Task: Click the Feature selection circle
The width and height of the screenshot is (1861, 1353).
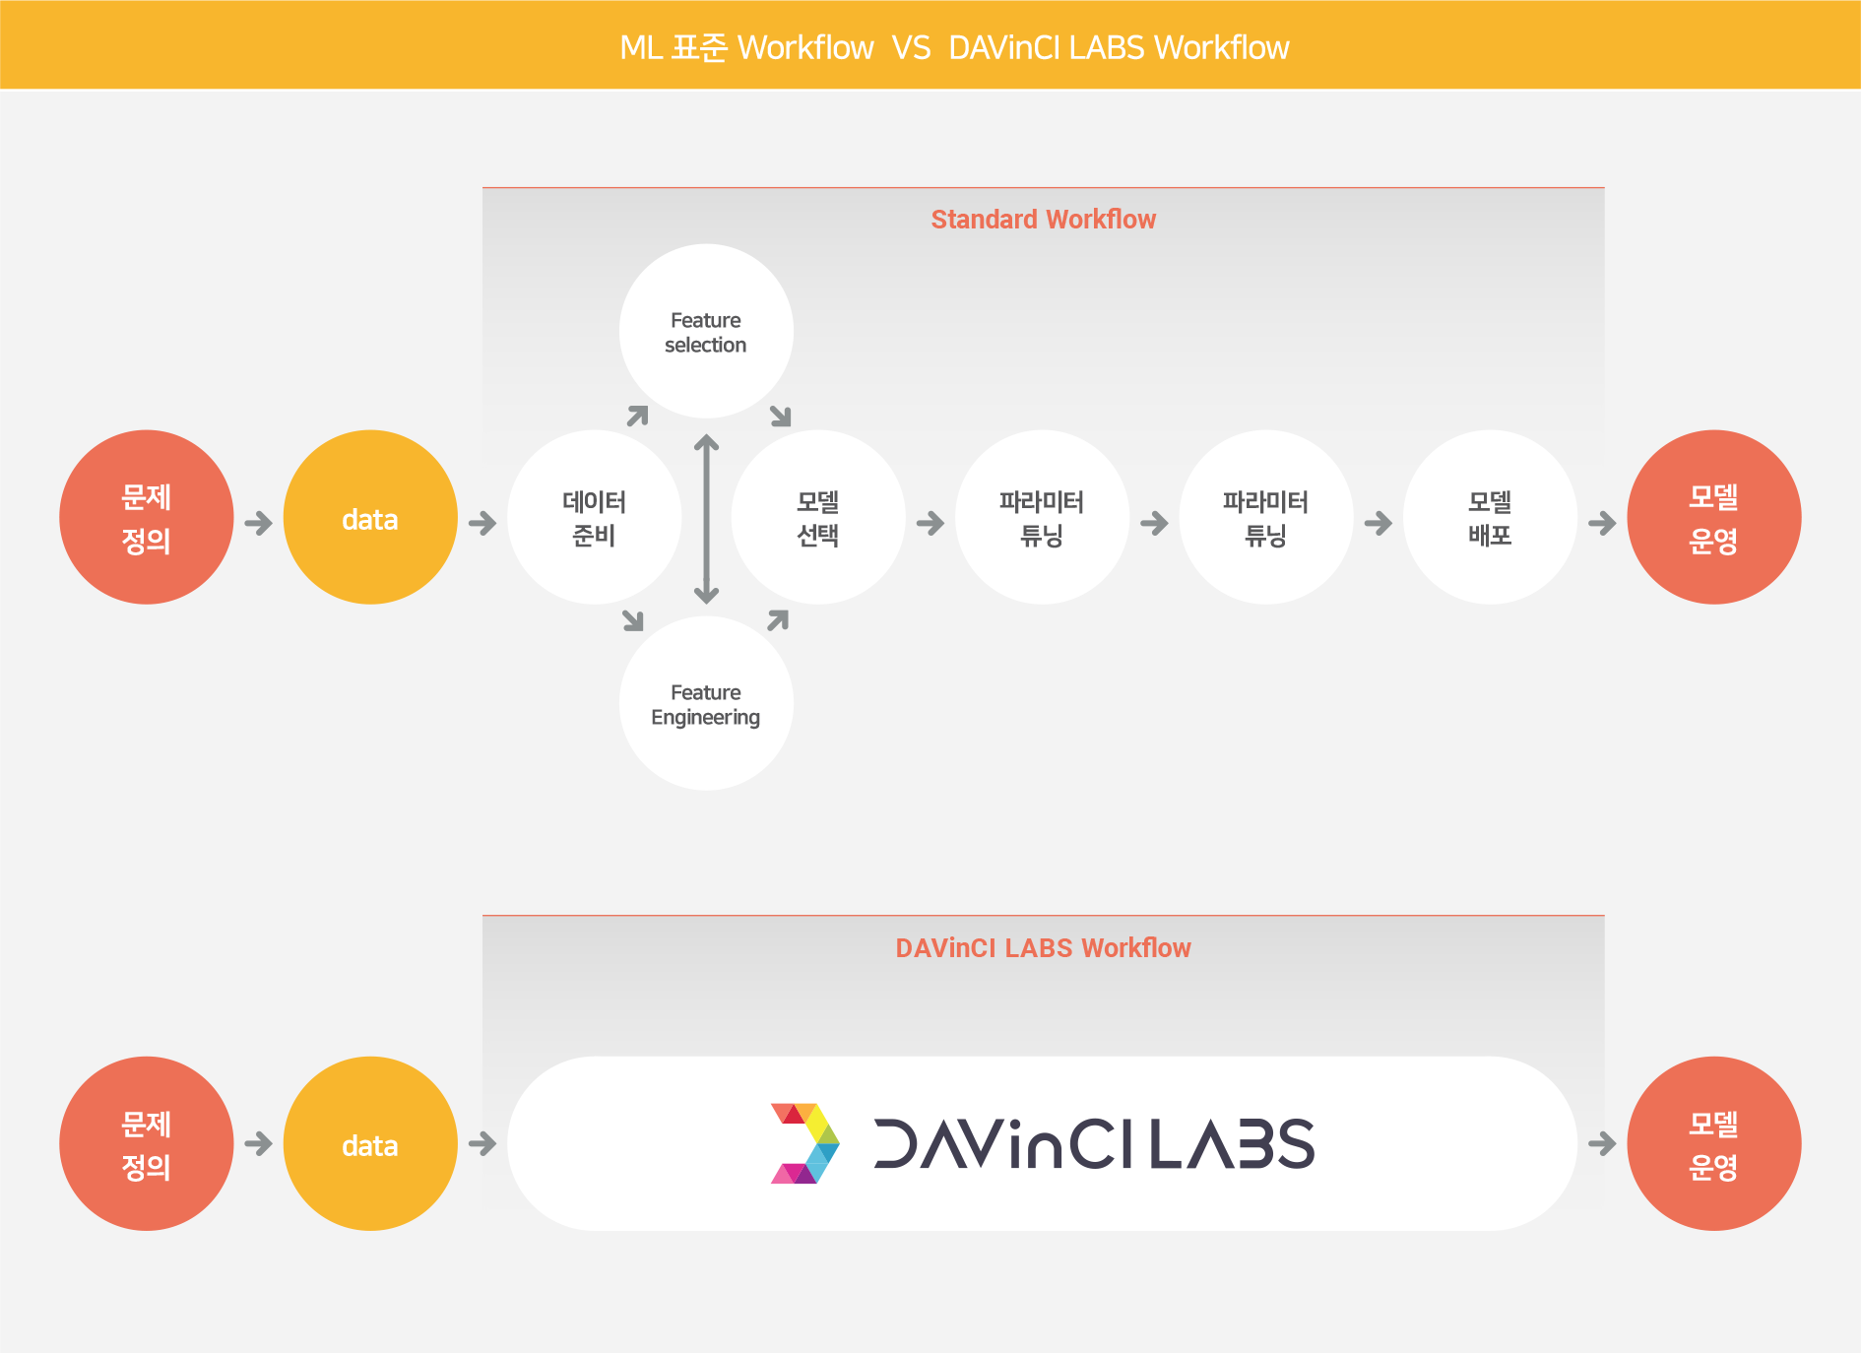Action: tap(706, 332)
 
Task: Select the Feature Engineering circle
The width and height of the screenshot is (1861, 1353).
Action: tap(706, 703)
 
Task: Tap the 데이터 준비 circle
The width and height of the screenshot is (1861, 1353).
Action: tap(594, 517)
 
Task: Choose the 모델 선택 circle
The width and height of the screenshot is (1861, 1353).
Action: tap(817, 517)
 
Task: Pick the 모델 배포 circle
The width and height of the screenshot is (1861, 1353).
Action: tap(1490, 517)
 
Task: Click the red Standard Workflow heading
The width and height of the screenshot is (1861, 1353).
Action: tap(1043, 219)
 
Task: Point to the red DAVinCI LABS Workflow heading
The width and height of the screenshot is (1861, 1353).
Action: tap(1043, 947)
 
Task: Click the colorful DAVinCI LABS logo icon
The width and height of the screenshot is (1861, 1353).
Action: tap(804, 1143)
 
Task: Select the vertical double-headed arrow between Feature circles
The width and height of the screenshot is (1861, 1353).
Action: tap(706, 518)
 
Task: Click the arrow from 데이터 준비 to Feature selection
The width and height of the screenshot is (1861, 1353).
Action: tap(638, 416)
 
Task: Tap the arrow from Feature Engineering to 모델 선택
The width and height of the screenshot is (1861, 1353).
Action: tap(778, 620)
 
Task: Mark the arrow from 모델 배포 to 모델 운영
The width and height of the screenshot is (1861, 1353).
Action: tap(1602, 523)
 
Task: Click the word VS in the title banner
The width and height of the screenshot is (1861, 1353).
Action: tap(911, 47)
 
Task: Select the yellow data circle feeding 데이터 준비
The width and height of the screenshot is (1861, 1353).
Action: tap(370, 517)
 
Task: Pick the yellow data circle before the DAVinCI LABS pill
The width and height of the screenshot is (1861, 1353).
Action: tap(370, 1143)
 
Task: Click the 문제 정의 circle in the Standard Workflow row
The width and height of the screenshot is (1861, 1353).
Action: tap(147, 517)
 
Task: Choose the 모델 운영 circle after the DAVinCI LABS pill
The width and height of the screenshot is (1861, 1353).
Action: tap(1713, 1143)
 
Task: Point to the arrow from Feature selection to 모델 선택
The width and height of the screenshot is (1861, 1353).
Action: tap(781, 416)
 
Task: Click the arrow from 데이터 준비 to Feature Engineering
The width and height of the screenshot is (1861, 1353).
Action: tap(633, 620)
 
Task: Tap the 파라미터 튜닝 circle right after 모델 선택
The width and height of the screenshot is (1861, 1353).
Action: tap(1042, 517)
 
